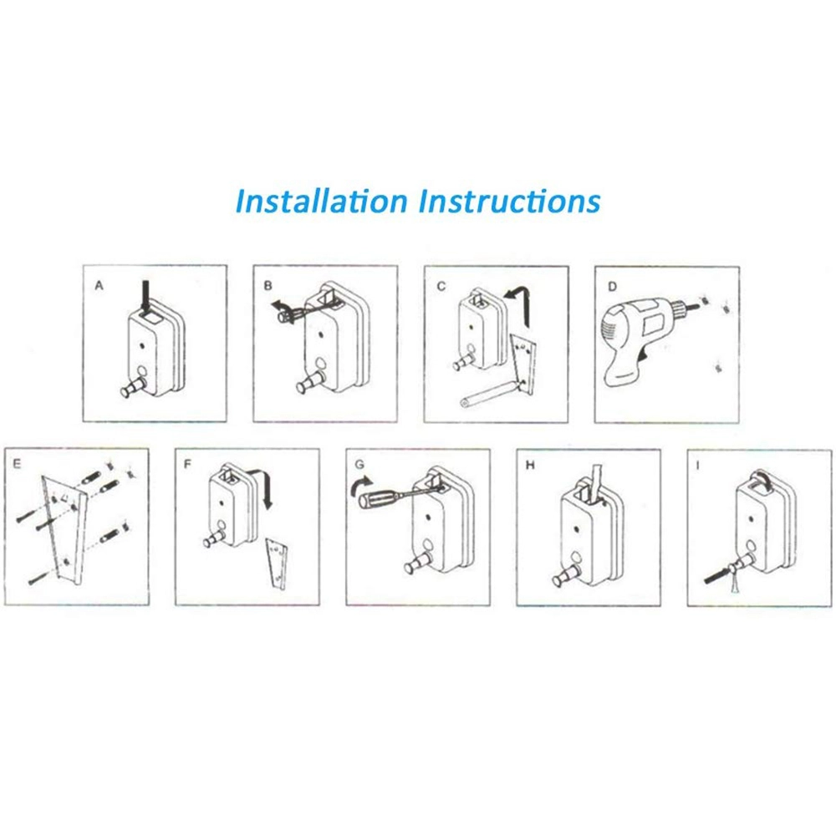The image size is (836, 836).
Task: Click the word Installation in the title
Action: pos(321,201)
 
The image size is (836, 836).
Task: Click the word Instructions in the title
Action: pos(509,201)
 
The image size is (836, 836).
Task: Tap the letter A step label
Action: pos(99,286)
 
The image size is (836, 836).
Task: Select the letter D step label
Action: pos(612,287)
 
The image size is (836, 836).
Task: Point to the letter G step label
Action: pos(359,465)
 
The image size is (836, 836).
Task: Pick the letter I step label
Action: pos(697,466)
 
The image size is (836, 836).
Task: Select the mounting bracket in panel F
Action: pos(277,563)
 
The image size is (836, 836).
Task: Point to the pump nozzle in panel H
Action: pos(564,576)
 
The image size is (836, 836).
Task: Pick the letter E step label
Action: pos(17,464)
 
